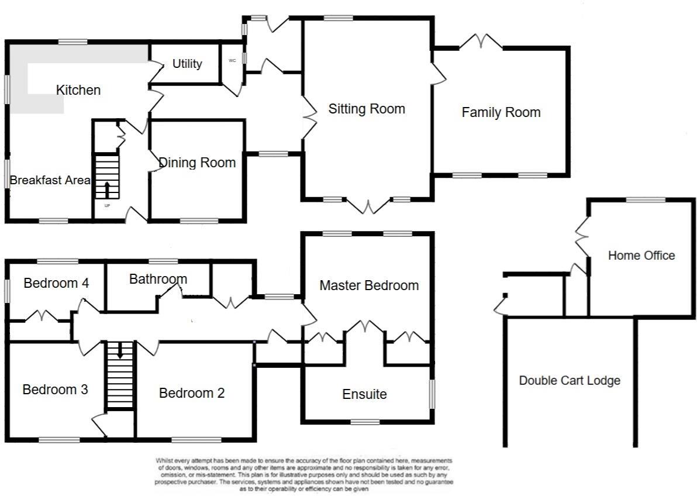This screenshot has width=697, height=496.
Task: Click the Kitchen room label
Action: point(78,90)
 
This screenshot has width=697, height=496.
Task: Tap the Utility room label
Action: point(187,64)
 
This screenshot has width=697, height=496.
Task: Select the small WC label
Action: point(232,60)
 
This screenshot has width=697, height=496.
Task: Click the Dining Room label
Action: point(197,163)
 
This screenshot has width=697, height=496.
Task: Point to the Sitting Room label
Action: point(367,109)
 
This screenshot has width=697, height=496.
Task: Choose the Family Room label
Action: point(501,112)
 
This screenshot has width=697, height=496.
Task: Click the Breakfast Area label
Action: point(50,180)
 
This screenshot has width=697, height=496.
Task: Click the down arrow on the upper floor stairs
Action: point(120,351)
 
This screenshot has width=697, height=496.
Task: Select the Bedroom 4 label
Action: point(56,283)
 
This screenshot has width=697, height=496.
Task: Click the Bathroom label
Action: point(158,279)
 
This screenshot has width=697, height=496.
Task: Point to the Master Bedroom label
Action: point(369,285)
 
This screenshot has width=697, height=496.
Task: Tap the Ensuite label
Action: point(364,394)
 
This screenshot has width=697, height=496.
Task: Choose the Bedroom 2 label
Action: point(192,393)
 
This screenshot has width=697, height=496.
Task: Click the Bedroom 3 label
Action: point(55,390)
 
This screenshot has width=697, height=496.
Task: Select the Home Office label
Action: point(641,256)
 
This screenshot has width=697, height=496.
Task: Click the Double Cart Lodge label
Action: point(570,381)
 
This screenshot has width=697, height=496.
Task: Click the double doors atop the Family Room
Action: point(481,42)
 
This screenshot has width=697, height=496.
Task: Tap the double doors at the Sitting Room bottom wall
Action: point(368,206)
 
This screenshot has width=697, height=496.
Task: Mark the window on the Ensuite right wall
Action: point(432,395)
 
